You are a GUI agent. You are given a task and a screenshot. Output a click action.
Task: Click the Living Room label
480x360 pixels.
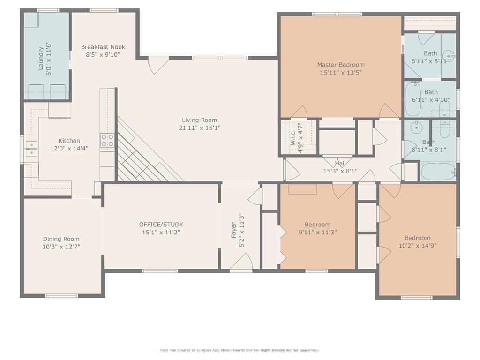(x=200, y=120)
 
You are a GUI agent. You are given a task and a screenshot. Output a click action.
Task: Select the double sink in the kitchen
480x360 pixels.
(x=31, y=149)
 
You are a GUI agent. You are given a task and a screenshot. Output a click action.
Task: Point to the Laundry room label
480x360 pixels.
(x=41, y=58)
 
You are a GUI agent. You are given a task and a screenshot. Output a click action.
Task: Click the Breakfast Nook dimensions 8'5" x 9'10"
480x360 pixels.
(x=103, y=55)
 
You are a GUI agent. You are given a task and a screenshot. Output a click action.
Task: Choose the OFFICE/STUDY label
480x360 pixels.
(x=161, y=225)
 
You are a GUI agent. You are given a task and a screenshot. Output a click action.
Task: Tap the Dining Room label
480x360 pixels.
(x=61, y=239)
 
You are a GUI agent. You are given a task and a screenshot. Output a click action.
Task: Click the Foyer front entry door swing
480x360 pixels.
(x=241, y=262)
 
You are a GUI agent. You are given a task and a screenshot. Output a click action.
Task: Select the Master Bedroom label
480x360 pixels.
(x=341, y=65)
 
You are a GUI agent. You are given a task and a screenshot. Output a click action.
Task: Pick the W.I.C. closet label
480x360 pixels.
(x=292, y=137)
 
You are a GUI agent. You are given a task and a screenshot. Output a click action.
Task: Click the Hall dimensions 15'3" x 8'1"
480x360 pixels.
(x=340, y=171)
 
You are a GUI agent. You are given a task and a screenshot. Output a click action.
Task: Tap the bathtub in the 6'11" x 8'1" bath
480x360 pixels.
(x=438, y=172)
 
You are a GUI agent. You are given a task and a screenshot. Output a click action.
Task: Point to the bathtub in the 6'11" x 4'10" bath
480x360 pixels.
(x=413, y=99)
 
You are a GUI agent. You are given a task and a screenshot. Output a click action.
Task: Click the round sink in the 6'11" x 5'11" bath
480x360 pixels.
(x=449, y=56)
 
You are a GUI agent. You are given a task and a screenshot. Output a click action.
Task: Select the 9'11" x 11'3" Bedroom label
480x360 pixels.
(x=317, y=225)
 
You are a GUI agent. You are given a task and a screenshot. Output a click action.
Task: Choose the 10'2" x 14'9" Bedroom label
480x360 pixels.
(x=418, y=238)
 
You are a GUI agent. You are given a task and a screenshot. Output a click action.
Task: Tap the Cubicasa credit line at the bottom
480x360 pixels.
(x=240, y=350)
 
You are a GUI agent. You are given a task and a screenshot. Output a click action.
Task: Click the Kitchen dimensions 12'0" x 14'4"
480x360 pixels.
(x=69, y=149)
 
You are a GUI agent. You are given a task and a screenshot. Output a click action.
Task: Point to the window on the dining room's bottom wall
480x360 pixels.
(x=61, y=296)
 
